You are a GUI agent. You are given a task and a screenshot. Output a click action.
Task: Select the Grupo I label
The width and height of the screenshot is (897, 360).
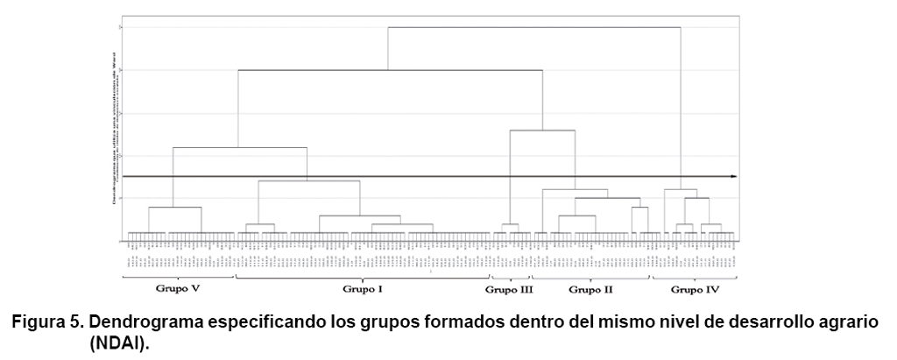tap(361, 288)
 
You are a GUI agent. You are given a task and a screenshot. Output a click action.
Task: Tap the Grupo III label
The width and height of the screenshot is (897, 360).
tap(508, 288)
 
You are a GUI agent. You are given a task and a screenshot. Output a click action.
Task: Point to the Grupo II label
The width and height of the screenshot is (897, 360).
tap(590, 288)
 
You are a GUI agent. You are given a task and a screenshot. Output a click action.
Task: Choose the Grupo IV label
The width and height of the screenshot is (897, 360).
tap(692, 288)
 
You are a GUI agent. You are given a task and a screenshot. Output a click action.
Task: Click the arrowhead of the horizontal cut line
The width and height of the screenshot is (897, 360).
tap(733, 176)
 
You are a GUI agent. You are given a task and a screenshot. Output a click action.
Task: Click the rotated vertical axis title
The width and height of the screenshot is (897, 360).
tap(114, 127)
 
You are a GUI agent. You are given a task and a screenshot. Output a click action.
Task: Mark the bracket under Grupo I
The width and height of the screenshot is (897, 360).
tap(361, 278)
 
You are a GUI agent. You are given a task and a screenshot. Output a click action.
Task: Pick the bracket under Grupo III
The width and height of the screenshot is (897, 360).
tap(510, 278)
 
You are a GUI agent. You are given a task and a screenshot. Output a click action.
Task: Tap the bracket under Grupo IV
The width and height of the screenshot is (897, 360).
tap(692, 278)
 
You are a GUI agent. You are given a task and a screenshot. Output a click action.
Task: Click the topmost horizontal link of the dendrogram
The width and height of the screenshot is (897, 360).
tap(534, 27)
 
